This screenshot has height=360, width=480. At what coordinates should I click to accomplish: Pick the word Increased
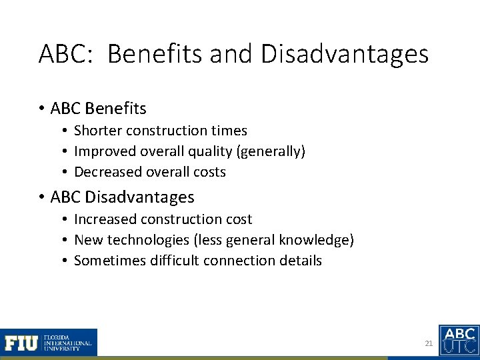(x=103, y=219)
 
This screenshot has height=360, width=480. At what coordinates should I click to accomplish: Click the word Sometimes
(x=106, y=260)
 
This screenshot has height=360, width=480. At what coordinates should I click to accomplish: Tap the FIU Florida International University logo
(x=49, y=342)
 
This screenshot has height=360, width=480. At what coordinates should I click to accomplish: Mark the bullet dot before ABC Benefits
(x=43, y=107)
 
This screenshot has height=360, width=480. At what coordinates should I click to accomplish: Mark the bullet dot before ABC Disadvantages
(x=43, y=197)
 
